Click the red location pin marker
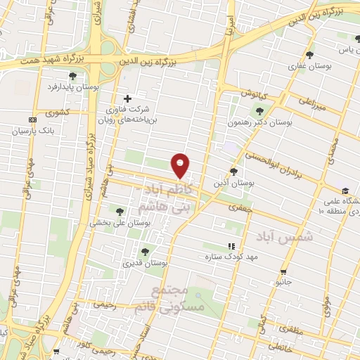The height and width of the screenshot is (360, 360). [x=181, y=165]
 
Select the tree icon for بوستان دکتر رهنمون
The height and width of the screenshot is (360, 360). [x=260, y=110]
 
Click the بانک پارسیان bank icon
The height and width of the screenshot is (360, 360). [x=32, y=120]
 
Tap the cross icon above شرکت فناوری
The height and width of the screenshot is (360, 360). [x=127, y=98]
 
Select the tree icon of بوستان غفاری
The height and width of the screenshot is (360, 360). [x=309, y=55]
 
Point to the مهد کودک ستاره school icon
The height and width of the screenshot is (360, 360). [x=231, y=246]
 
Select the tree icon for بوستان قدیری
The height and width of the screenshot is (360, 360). [x=145, y=251]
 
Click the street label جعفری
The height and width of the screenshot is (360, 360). [x=239, y=207]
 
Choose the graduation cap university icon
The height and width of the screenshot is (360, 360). [x=345, y=191]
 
